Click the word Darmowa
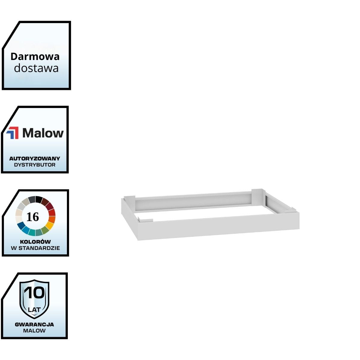click(x=35, y=56)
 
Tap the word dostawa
click(x=36, y=68)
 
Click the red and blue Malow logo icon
click(x=12, y=133)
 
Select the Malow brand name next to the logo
click(x=43, y=133)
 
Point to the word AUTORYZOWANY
click(x=35, y=158)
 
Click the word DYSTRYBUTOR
click(x=35, y=165)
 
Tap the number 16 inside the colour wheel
click(x=33, y=217)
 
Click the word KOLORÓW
click(x=35, y=241)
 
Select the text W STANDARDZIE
click(x=35, y=248)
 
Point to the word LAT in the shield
click(x=34, y=309)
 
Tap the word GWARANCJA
click(x=34, y=324)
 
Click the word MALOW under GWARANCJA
click(x=34, y=331)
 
